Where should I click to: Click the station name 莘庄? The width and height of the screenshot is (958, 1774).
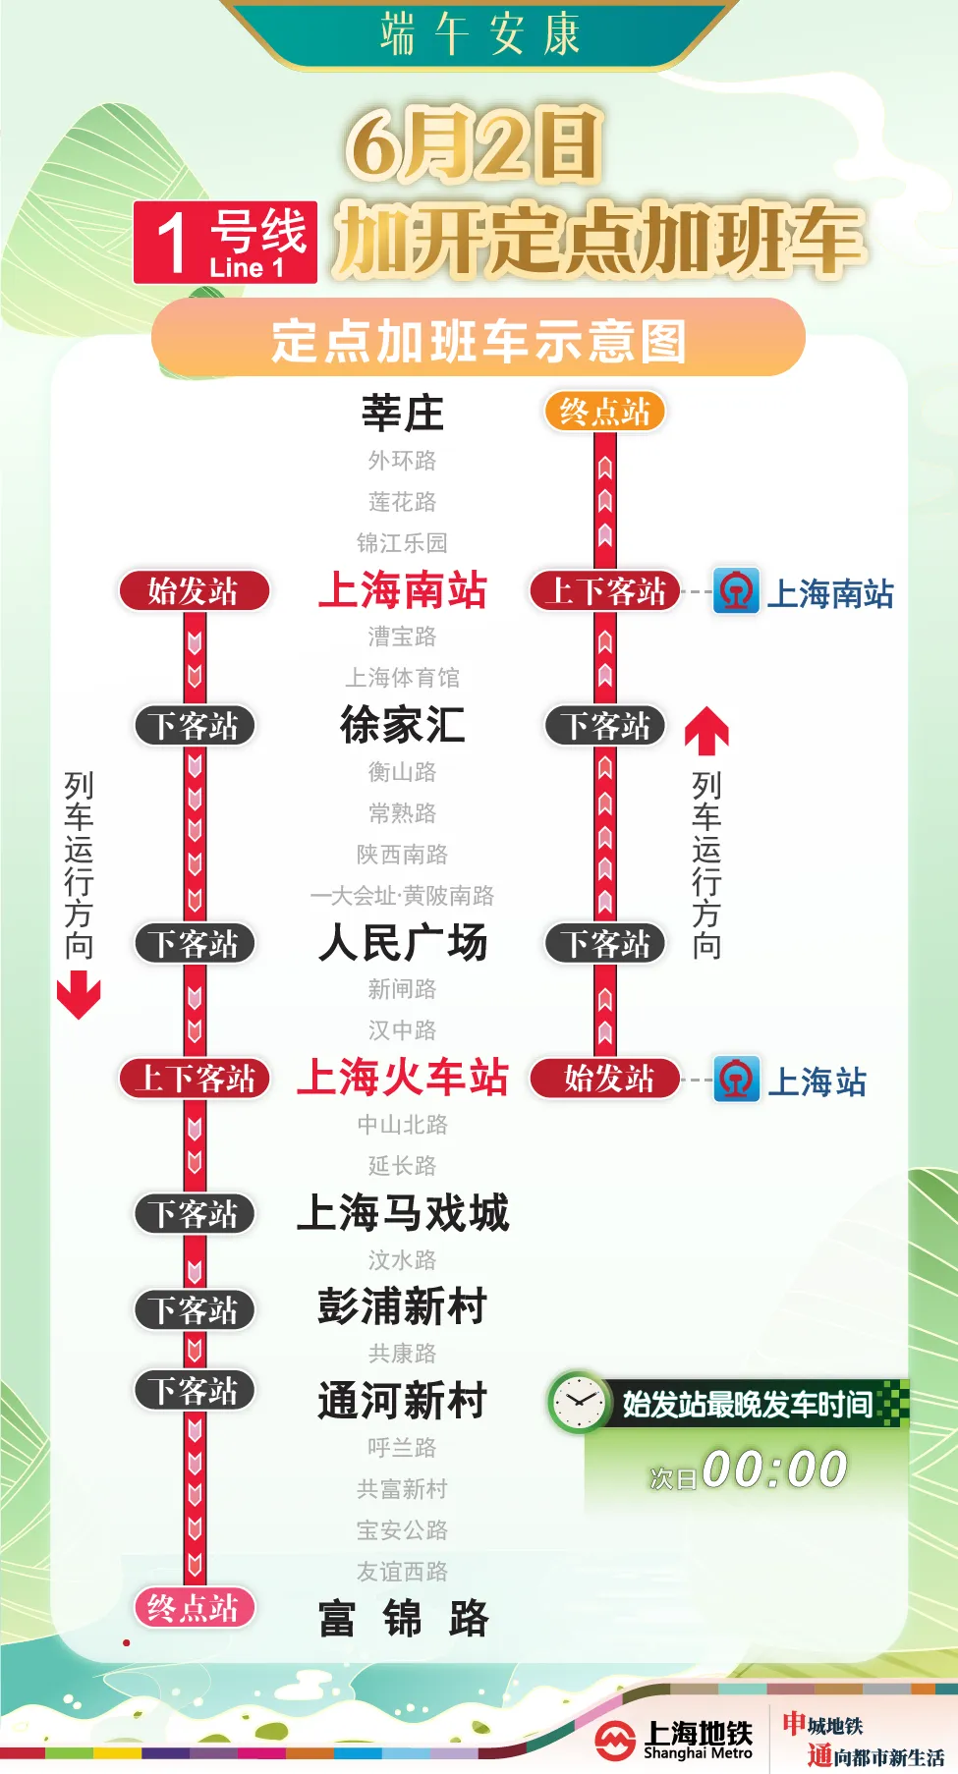click(x=402, y=414)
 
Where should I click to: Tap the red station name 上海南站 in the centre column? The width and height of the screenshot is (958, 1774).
click(x=402, y=591)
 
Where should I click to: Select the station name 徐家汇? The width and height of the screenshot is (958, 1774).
click(x=402, y=725)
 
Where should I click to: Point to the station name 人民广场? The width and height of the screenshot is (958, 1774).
click(x=402, y=943)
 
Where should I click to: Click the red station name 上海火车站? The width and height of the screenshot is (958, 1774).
click(x=402, y=1078)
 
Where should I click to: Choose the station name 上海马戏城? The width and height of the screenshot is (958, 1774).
click(x=402, y=1213)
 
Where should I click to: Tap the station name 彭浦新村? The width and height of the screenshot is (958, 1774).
click(x=402, y=1307)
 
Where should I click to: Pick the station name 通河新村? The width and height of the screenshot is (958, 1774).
click(x=402, y=1401)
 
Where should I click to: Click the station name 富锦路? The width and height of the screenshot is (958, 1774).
click(x=402, y=1619)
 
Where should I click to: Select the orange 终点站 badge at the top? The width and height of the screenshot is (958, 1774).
click(x=604, y=412)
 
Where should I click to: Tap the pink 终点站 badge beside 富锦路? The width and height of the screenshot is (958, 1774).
click(x=194, y=1608)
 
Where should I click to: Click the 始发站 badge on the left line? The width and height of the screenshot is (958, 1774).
click(x=194, y=591)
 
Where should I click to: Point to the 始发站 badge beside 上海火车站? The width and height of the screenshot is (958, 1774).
click(x=605, y=1079)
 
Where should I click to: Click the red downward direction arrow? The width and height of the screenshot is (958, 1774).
click(x=79, y=994)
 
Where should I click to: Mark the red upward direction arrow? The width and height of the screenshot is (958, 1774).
click(x=706, y=731)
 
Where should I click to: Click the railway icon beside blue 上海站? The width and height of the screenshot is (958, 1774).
click(x=736, y=1080)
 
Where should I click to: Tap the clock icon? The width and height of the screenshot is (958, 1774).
click(x=579, y=1402)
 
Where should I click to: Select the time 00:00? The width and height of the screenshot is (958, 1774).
click(x=774, y=1469)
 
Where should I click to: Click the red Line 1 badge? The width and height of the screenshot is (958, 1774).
click(x=225, y=243)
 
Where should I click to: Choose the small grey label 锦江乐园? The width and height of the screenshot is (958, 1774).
click(x=402, y=543)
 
